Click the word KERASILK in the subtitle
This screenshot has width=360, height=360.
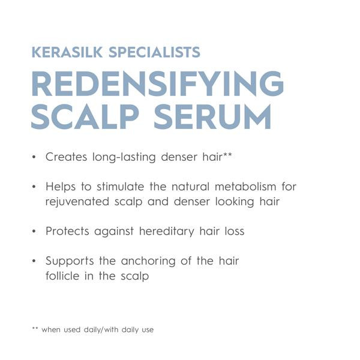click(68, 52)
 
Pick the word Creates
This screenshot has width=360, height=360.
click(67, 157)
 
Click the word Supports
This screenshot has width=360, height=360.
click(70, 261)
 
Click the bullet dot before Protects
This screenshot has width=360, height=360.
click(34, 231)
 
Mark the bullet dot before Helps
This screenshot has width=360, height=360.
click(34, 187)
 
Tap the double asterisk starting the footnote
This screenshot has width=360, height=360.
click(34, 328)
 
